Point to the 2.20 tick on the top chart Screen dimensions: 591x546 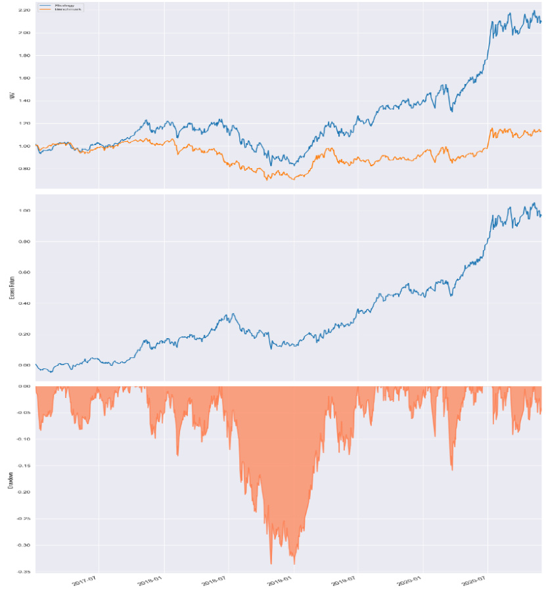(x=25, y=11)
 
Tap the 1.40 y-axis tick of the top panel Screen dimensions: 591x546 (x=25, y=101)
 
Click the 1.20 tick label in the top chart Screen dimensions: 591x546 (x=25, y=123)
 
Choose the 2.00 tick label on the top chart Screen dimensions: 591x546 (x=25, y=33)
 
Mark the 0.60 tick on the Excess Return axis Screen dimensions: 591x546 (x=25, y=273)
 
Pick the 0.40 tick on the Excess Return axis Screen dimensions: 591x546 (x=25, y=303)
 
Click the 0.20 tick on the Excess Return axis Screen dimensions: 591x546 (x=25, y=334)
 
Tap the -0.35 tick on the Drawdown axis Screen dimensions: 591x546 (x=24, y=572)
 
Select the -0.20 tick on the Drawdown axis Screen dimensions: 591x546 (x=24, y=492)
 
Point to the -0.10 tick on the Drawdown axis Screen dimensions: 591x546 (x=24, y=439)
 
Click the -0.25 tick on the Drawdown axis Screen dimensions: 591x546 (x=24, y=519)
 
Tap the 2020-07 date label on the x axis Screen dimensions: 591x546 (x=474, y=580)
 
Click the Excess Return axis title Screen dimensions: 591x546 (x=11, y=288)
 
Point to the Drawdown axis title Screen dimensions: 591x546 (x=11, y=479)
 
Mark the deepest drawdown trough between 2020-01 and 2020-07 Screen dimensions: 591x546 (x=452, y=470)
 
